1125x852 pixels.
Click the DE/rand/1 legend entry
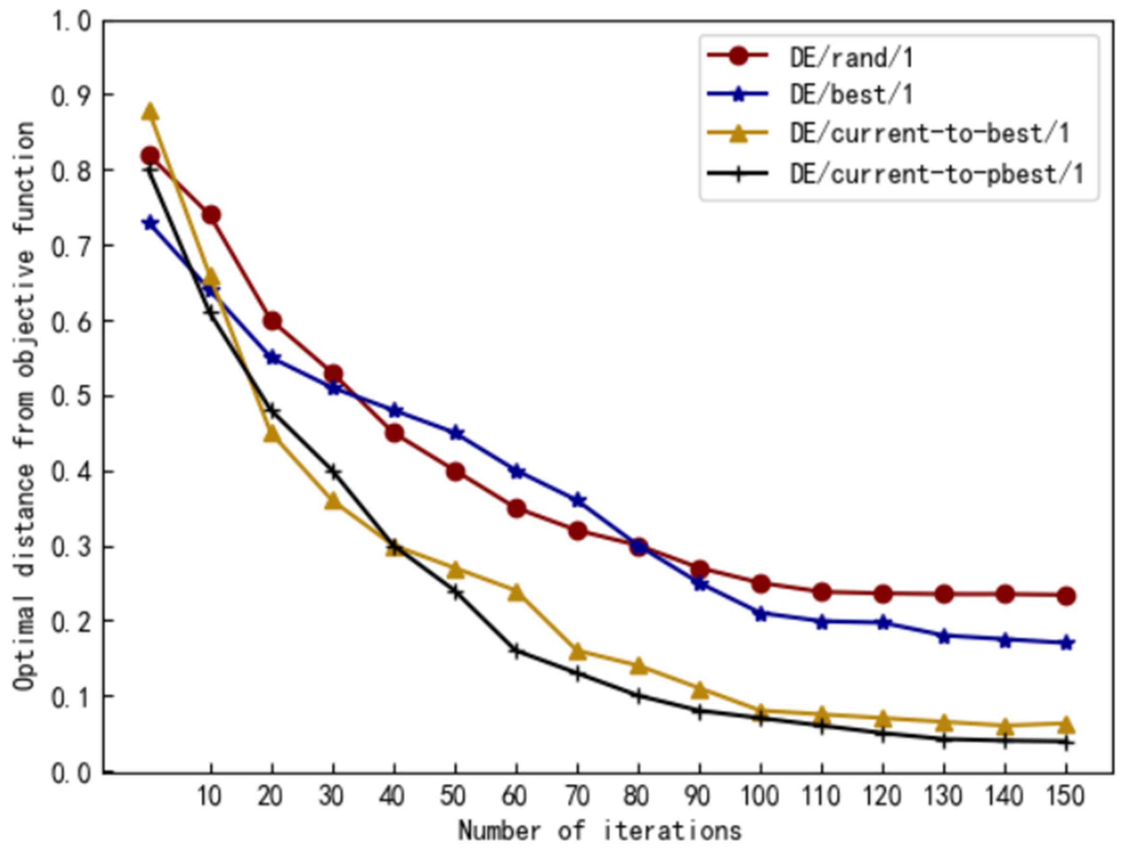point(851,58)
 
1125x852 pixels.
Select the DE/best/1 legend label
point(851,95)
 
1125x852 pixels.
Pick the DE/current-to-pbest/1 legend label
point(936,174)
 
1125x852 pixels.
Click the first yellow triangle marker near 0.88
point(150,112)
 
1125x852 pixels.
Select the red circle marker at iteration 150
point(1066,595)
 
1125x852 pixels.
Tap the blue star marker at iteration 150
point(1066,643)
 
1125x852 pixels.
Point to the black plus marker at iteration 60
point(516,650)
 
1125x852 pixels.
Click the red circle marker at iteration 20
point(272,321)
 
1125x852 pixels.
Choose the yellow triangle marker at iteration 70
point(578,651)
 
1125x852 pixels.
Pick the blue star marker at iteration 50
point(456,433)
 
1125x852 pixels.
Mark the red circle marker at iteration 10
point(211,215)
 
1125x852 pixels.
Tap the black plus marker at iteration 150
point(1066,743)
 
